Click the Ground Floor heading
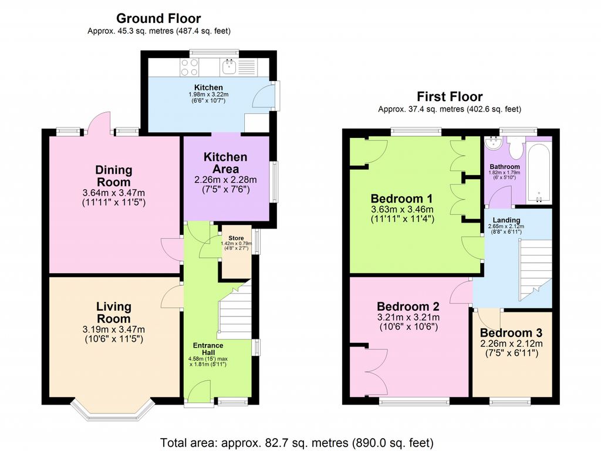[x=158, y=19]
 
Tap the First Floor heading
[x=450, y=96]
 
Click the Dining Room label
[x=114, y=176]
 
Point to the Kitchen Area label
[x=225, y=163]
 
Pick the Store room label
[x=236, y=238]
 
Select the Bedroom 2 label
[x=408, y=307]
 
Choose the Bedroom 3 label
[x=511, y=332]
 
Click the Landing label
[x=507, y=220]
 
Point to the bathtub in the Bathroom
[x=539, y=173]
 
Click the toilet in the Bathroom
[x=516, y=149]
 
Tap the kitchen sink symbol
[x=229, y=66]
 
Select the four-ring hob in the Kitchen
[x=190, y=68]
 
